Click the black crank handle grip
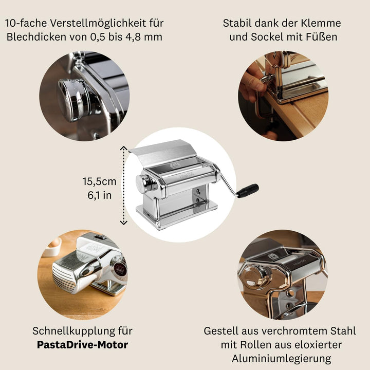pyautogui.click(x=248, y=191)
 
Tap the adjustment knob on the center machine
pyautogui.click(x=144, y=182)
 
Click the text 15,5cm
pyautogui.click(x=100, y=181)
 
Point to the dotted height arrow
pyautogui.click(x=123, y=185)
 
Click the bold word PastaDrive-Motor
pyautogui.click(x=82, y=344)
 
